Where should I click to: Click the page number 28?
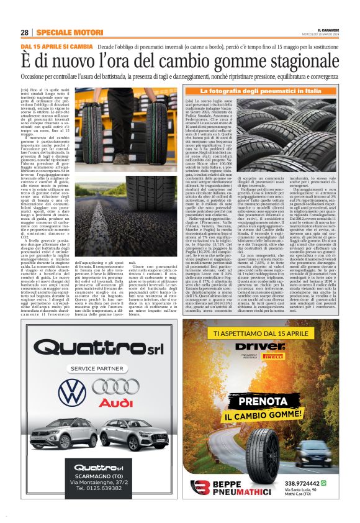[x=25, y=32]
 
